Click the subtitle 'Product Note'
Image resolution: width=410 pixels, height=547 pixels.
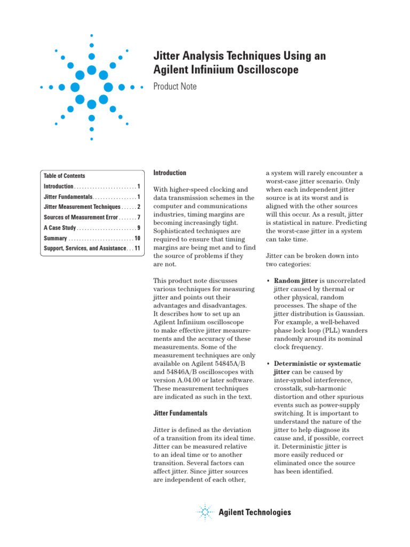tap(175, 87)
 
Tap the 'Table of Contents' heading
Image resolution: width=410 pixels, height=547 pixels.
tap(64, 176)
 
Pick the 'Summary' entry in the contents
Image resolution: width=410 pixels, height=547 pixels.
tap(56, 238)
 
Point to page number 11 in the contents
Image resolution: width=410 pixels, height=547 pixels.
tap(137, 248)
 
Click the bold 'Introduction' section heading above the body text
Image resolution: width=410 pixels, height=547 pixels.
tap(170, 173)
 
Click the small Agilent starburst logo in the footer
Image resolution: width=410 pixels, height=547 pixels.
tap(204, 512)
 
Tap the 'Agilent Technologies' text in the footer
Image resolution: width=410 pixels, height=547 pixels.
tap(255, 513)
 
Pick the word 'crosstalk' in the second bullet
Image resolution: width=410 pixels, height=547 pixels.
tap(289, 388)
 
